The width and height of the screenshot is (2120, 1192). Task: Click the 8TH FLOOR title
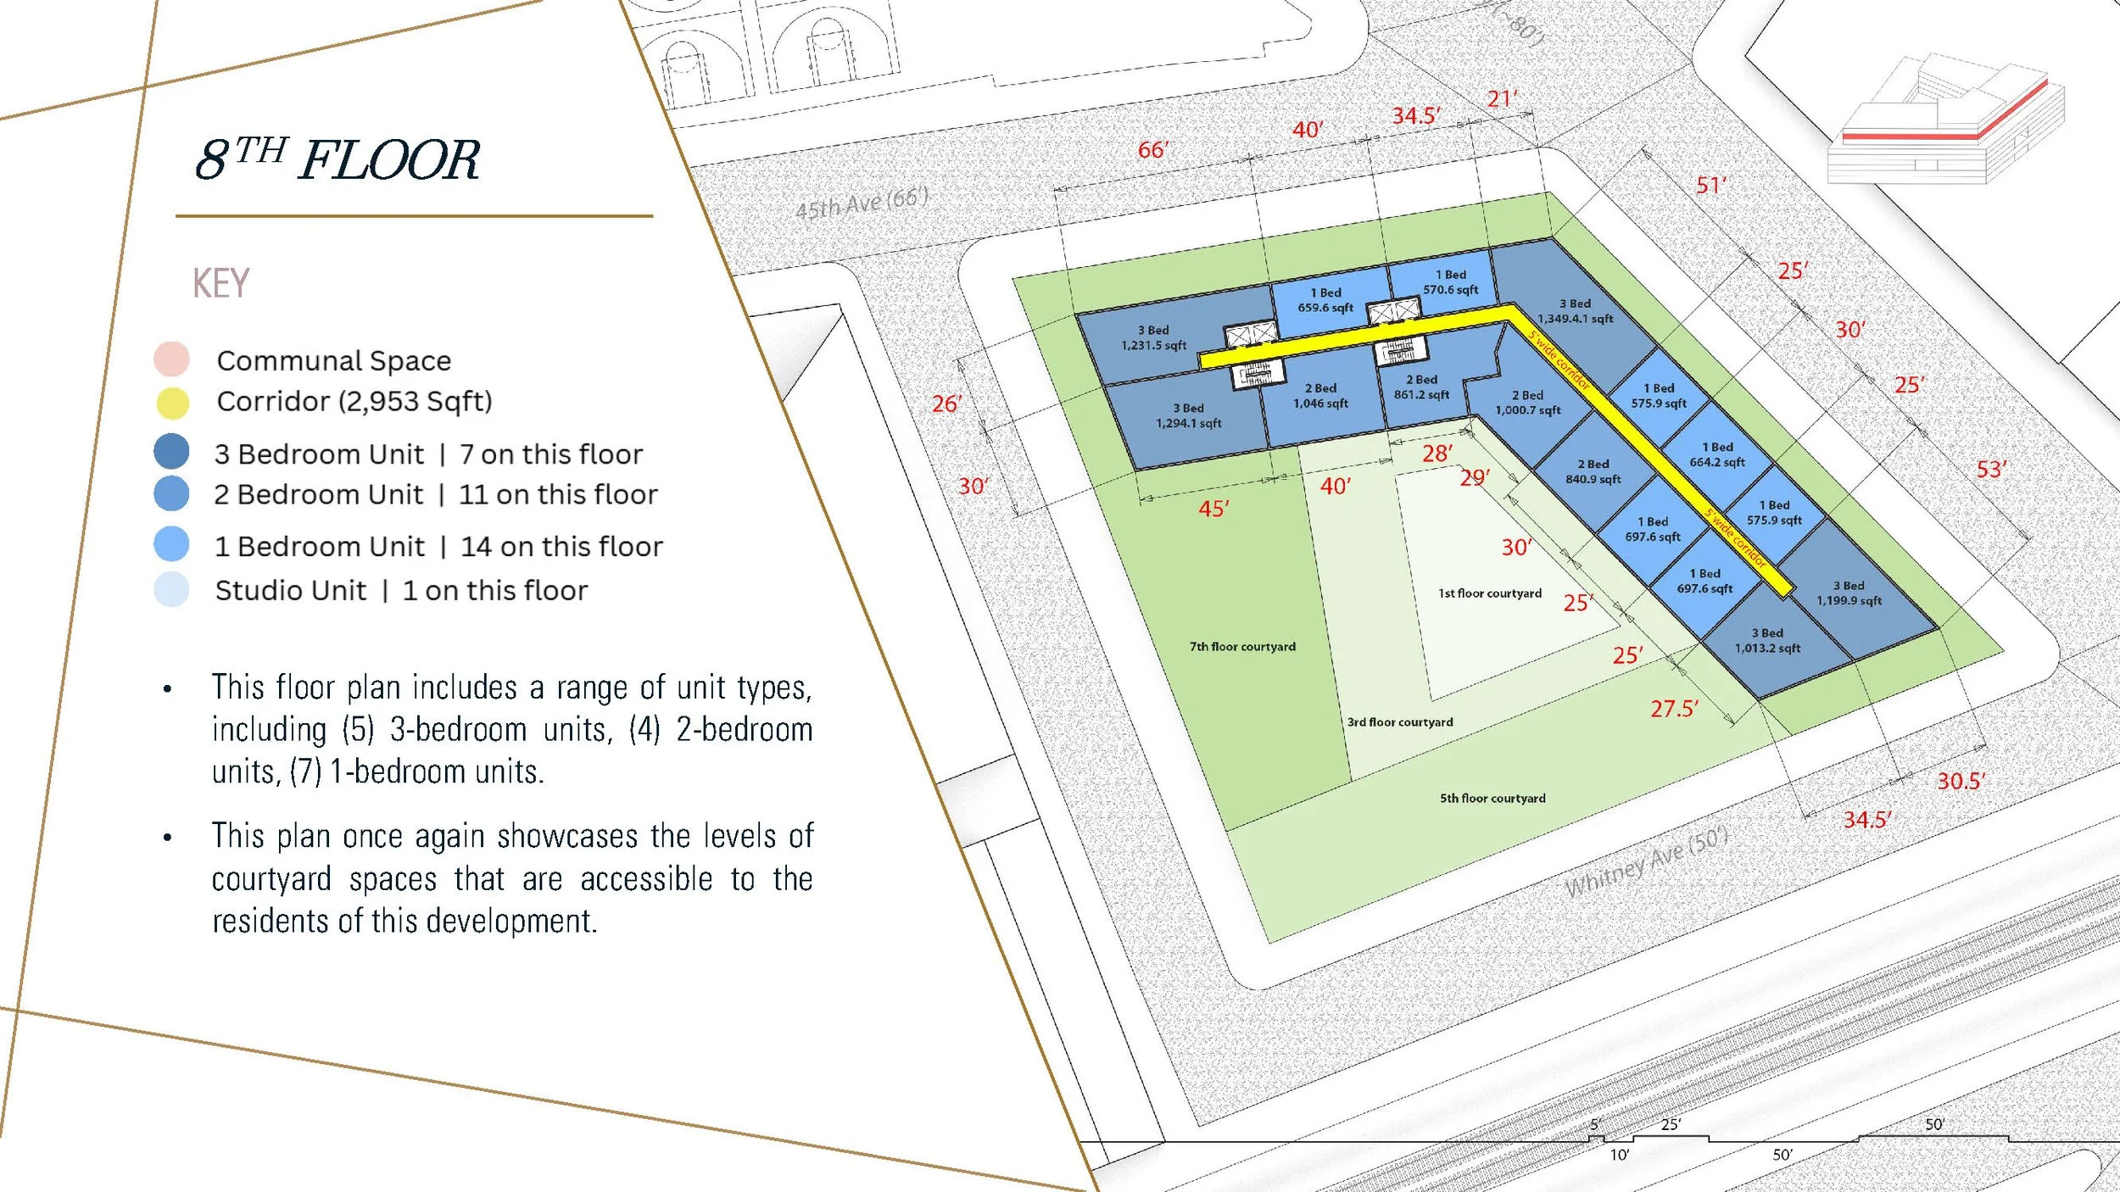pyautogui.click(x=338, y=159)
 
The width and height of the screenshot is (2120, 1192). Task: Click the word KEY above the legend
pyautogui.click(x=220, y=283)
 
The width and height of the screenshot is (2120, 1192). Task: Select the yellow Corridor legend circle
pyautogui.click(x=172, y=404)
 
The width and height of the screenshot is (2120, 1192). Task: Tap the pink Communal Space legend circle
pyautogui.click(x=171, y=359)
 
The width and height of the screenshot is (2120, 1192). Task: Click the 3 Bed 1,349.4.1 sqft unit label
pyautogui.click(x=1575, y=311)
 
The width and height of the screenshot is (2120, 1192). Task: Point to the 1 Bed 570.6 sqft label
pyautogui.click(x=1450, y=282)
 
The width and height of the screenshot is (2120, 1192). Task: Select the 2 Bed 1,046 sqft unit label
pyautogui.click(x=1320, y=396)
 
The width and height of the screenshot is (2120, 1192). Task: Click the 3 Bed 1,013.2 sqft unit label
pyautogui.click(x=1767, y=641)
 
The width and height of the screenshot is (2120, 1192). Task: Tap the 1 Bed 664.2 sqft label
pyautogui.click(x=1717, y=454)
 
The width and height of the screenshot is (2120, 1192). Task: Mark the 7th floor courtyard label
pyautogui.click(x=1242, y=646)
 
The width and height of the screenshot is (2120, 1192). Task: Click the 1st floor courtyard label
pyautogui.click(x=1490, y=593)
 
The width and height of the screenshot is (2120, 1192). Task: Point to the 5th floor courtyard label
pyautogui.click(x=1492, y=798)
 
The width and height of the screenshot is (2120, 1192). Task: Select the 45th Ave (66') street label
pyautogui.click(x=862, y=203)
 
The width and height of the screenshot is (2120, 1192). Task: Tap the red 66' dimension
pyautogui.click(x=1152, y=150)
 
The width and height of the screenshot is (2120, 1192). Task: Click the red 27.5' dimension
pyautogui.click(x=1674, y=709)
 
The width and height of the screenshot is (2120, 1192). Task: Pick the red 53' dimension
pyautogui.click(x=1991, y=470)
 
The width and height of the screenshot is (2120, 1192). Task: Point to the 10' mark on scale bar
pyautogui.click(x=1619, y=1155)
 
